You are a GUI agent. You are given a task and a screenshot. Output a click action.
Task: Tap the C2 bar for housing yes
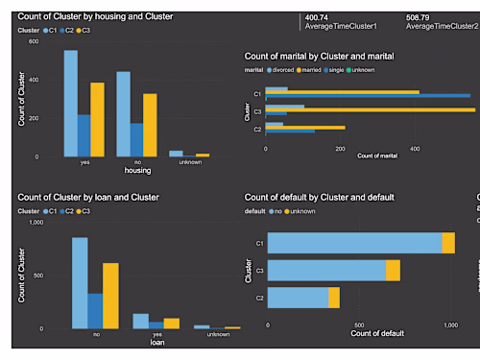(x=84, y=135)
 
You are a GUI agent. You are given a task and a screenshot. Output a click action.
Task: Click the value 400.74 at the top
(x=318, y=17)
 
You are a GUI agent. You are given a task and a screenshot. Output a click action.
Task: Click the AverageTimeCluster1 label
(x=341, y=26)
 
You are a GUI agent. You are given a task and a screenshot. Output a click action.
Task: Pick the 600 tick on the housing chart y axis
(x=34, y=41)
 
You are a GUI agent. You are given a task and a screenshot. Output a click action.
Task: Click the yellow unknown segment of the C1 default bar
(x=448, y=244)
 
